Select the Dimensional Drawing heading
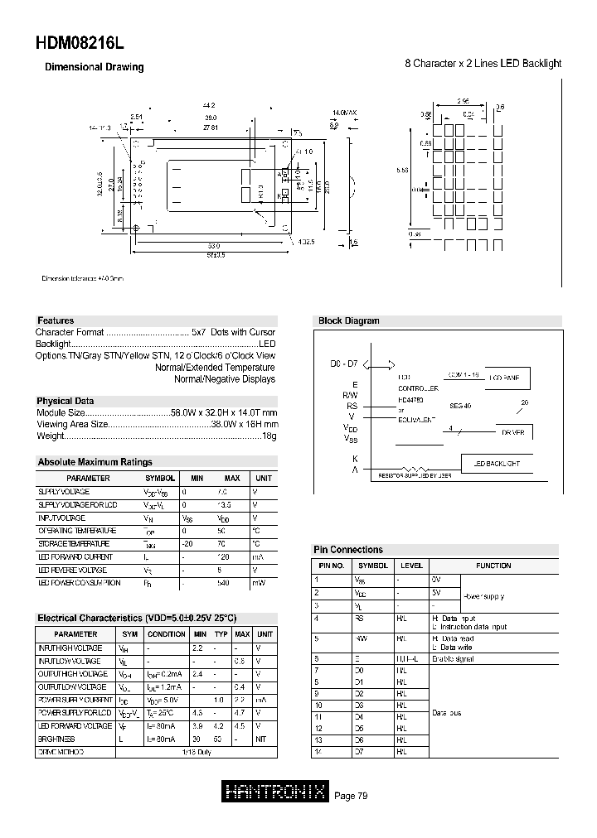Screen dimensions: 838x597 pyautogui.click(x=94, y=67)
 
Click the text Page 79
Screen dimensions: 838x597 pyautogui.click(x=351, y=796)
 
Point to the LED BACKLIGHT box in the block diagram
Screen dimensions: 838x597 pyautogui.click(x=497, y=463)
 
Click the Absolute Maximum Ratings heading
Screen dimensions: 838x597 pyautogui.click(x=95, y=462)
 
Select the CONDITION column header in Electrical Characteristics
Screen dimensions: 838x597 pyautogui.click(x=167, y=633)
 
